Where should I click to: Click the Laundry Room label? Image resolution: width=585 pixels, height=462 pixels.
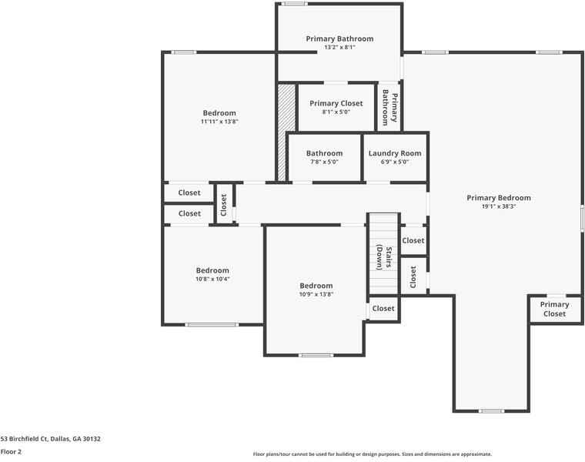click(x=395, y=153)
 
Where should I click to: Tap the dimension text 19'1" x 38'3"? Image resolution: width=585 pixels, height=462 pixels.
click(x=498, y=206)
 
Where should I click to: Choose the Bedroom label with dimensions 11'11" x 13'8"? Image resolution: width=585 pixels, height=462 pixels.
click(x=219, y=113)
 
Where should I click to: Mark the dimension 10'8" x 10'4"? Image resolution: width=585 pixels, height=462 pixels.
click(x=212, y=279)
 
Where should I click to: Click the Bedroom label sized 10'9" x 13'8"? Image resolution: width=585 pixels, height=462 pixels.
click(x=316, y=286)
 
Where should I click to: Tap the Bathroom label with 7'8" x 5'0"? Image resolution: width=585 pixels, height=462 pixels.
click(x=324, y=153)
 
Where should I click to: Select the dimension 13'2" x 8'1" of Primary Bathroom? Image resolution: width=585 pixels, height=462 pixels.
click(x=339, y=48)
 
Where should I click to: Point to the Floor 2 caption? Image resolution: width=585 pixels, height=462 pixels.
click(x=11, y=451)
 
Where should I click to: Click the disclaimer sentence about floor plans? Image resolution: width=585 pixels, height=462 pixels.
click(x=372, y=454)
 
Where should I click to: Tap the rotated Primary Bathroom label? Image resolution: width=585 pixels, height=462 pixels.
click(x=389, y=108)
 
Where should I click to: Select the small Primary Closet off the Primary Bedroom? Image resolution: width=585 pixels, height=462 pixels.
click(x=554, y=309)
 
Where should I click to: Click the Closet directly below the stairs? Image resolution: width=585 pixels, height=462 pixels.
click(x=383, y=308)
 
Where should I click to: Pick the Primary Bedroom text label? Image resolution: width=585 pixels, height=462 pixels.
click(x=498, y=198)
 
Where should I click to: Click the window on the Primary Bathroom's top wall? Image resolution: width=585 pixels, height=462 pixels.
click(x=293, y=4)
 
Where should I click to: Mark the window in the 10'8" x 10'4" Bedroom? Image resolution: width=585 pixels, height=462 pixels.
click(x=211, y=324)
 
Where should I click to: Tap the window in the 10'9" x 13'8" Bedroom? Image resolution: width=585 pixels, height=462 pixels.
click(x=316, y=355)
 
